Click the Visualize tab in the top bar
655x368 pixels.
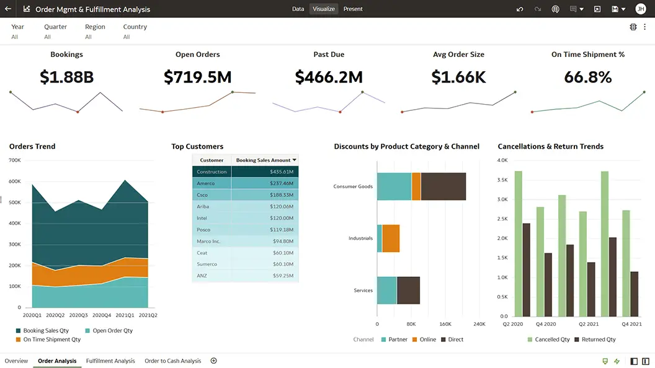(x=324, y=9)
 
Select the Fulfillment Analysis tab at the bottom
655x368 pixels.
(x=110, y=361)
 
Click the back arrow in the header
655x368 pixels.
(x=7, y=9)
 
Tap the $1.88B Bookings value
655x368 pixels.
(x=66, y=77)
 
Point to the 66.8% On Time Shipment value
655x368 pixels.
(x=587, y=77)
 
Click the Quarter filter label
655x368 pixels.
(x=55, y=27)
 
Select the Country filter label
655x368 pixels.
(x=135, y=27)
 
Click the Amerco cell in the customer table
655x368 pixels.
(x=206, y=183)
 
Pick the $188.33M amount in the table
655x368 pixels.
(x=282, y=195)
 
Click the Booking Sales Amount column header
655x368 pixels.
(x=264, y=160)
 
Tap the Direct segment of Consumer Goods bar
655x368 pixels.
(x=443, y=186)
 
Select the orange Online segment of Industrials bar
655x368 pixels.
(x=391, y=239)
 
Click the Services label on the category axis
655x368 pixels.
(x=363, y=291)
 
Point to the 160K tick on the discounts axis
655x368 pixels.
(x=445, y=324)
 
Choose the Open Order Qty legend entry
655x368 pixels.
(x=112, y=331)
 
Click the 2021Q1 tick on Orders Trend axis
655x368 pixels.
(x=125, y=315)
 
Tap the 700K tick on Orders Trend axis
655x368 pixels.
(x=15, y=160)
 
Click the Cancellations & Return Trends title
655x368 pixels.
(x=550, y=146)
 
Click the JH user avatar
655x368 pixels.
(x=640, y=9)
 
